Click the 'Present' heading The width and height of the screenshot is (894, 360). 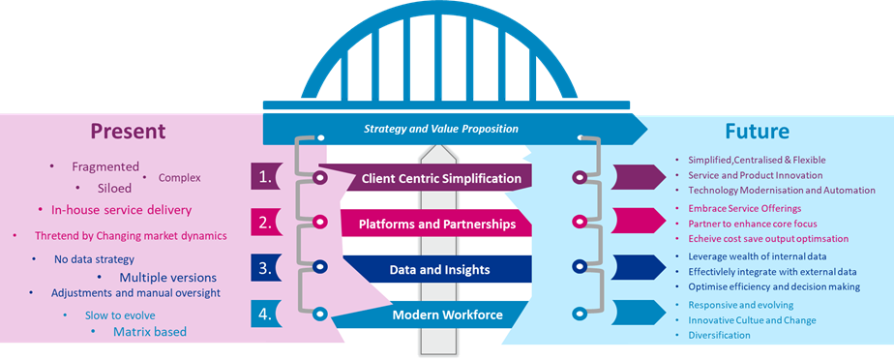click(x=129, y=131)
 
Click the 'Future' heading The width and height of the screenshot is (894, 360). click(x=758, y=131)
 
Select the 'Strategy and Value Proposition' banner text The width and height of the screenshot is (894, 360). click(x=441, y=129)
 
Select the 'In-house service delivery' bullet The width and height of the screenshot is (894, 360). click(x=121, y=209)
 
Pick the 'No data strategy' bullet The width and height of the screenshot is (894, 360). click(x=94, y=258)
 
